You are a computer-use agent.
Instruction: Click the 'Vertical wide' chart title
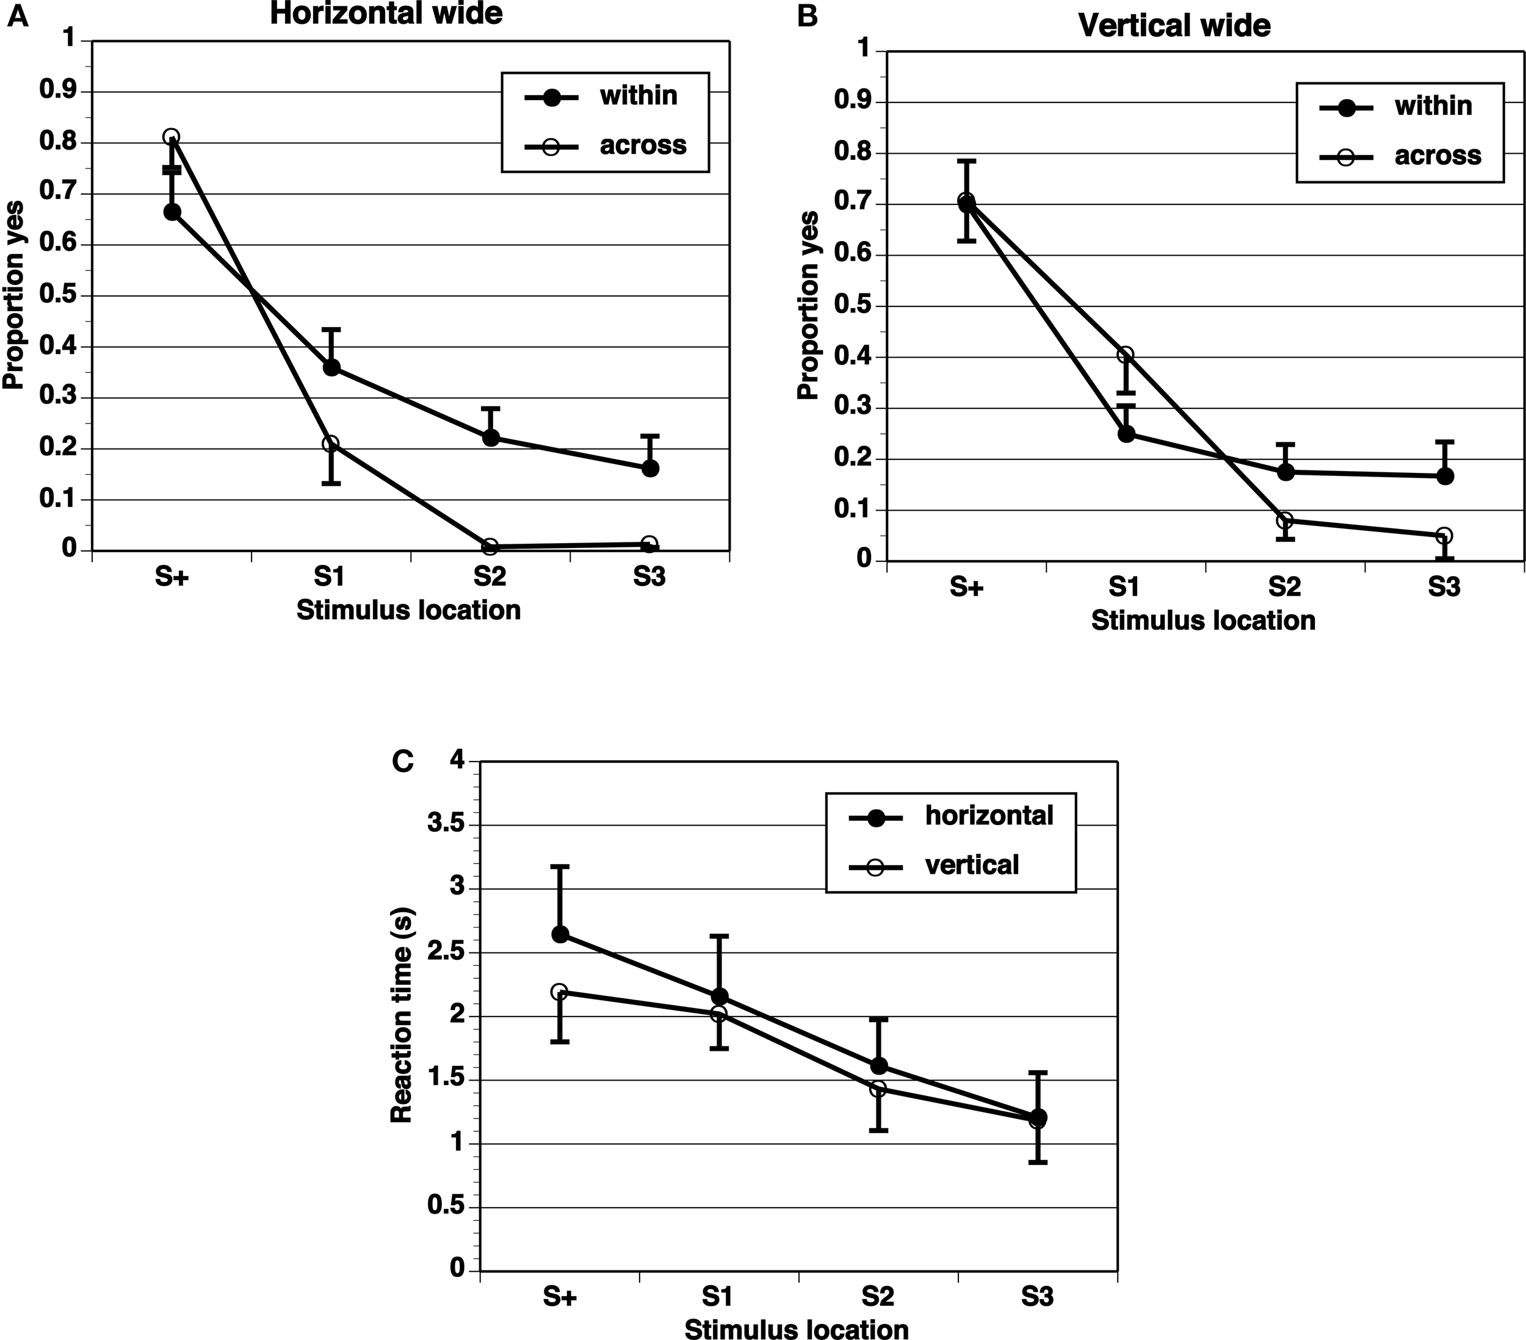coord(1174,26)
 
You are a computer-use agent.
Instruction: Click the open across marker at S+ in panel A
coord(171,137)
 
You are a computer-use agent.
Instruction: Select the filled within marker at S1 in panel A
coord(331,367)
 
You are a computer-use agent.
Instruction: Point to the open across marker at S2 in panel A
coord(491,547)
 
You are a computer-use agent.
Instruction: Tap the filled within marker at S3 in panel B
coord(1445,477)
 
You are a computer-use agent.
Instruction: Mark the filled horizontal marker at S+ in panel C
coord(560,935)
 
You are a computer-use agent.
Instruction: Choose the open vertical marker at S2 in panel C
coord(879,1089)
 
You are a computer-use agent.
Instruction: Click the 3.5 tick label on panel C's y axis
coord(445,825)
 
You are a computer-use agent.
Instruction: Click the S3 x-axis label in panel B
coord(1443,588)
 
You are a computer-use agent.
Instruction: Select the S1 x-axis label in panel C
coord(718,1297)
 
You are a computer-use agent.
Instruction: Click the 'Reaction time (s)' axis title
coord(402,1015)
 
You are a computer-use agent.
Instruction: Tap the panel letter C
coord(402,762)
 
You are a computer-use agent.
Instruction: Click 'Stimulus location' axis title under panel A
coord(408,610)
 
